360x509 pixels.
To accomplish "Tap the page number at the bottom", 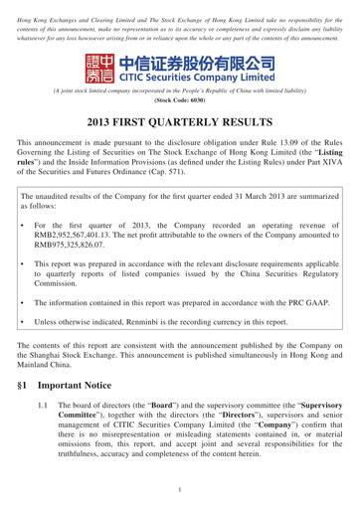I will point(180,489).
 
